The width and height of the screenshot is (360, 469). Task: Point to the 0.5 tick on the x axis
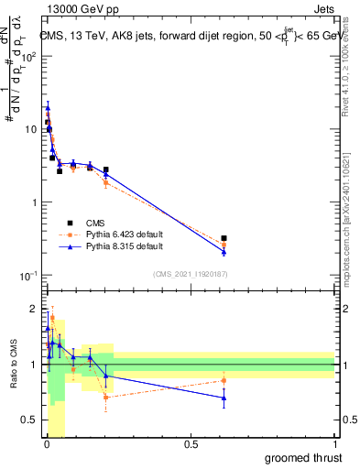tap(191, 444)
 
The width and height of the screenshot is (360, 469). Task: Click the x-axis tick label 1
tap(334, 444)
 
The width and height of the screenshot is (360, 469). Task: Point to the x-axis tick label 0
tap(47, 444)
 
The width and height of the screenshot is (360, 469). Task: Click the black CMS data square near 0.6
tap(224, 238)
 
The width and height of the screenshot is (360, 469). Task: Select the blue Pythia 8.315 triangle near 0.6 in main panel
tap(224, 251)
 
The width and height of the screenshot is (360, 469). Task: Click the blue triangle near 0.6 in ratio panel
tap(224, 398)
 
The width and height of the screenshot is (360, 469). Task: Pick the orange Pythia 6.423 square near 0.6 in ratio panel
tap(224, 380)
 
